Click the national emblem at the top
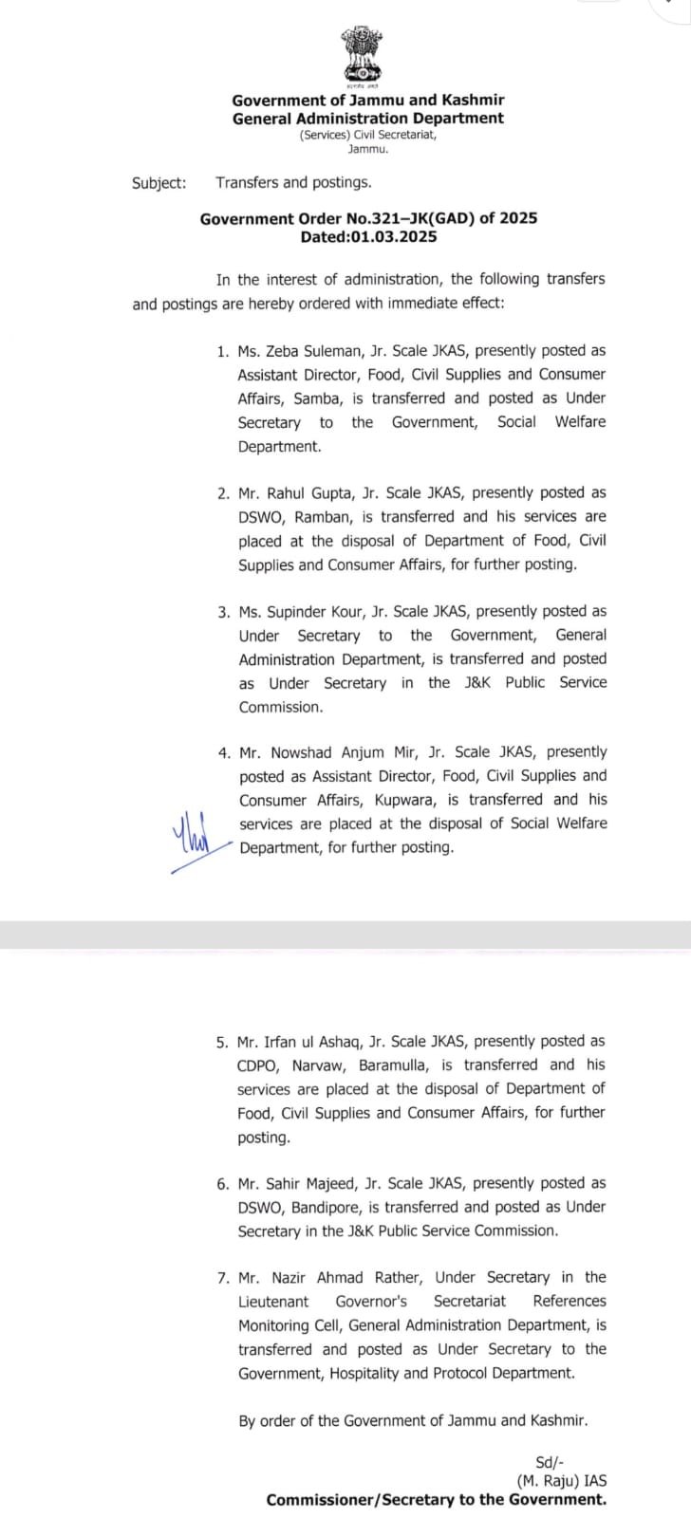point(361,55)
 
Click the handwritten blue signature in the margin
point(196,838)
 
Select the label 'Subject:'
point(159,183)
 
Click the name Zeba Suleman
point(318,351)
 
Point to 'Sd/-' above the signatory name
point(550,1463)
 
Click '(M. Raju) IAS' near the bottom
point(562,1481)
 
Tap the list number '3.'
point(224,612)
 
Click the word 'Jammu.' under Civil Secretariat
point(368,149)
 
